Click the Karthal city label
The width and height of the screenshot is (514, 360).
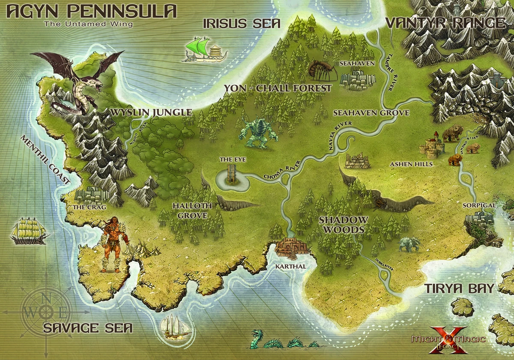click(x=291, y=266)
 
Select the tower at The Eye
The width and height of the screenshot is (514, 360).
click(x=232, y=174)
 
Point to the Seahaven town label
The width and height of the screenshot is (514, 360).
click(x=357, y=63)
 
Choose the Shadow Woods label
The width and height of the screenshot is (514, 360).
click(x=344, y=225)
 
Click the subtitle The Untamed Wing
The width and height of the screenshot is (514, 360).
click(x=88, y=24)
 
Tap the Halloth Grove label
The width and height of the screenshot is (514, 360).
click(x=192, y=210)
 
